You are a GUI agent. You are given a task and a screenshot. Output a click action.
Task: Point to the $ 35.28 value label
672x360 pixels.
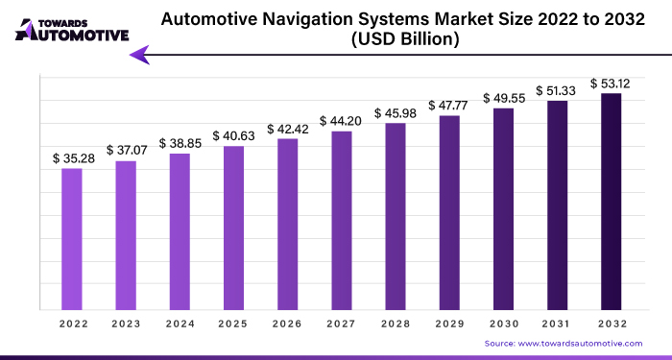click(x=72, y=157)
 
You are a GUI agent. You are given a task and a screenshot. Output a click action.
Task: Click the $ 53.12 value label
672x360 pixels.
click(x=611, y=82)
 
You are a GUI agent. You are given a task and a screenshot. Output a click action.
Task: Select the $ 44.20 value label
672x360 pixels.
click(x=342, y=120)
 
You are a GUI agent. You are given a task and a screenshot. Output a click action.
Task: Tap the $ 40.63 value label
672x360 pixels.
click(x=233, y=135)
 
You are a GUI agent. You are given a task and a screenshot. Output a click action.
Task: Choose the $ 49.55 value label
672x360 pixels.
click(x=503, y=97)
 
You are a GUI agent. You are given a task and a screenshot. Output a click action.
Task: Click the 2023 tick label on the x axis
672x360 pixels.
click(x=126, y=324)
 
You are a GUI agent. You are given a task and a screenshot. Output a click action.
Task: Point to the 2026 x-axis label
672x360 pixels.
click(x=287, y=324)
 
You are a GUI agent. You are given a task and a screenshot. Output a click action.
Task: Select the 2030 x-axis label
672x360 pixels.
click(x=503, y=324)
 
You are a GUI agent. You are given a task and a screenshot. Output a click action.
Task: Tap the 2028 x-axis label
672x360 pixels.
click(x=396, y=324)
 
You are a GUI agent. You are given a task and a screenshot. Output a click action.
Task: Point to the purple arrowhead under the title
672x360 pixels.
click(x=140, y=56)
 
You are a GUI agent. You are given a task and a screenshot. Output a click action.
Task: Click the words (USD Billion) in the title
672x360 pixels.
click(x=402, y=39)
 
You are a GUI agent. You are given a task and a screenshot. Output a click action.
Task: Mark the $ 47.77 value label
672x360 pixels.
click(x=449, y=105)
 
